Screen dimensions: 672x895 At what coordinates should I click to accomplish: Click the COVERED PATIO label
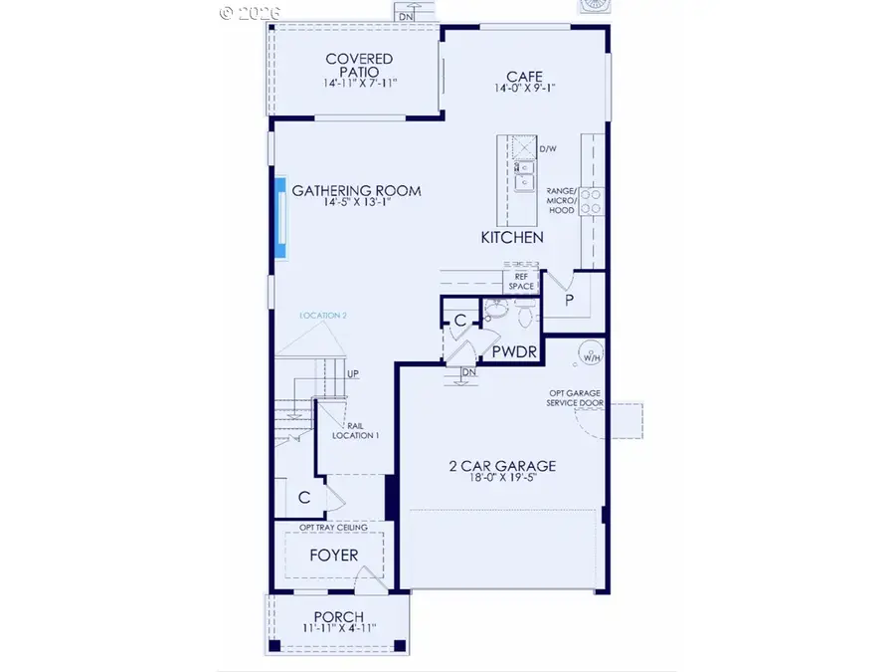pyautogui.click(x=359, y=60)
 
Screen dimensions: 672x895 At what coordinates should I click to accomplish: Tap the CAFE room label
pyautogui.click(x=524, y=76)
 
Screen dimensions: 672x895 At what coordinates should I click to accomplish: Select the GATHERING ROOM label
pyautogui.click(x=356, y=191)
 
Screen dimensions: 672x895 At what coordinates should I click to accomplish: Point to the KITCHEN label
pyautogui.click(x=512, y=237)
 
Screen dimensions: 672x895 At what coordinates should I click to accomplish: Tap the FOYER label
pyautogui.click(x=333, y=555)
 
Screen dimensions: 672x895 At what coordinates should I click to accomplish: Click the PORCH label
pyautogui.click(x=338, y=617)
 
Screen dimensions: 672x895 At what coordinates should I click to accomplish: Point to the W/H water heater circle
pyautogui.click(x=591, y=353)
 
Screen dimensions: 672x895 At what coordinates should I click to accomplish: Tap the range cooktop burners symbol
pyautogui.click(x=590, y=202)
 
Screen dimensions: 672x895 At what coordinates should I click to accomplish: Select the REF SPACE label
pyautogui.click(x=522, y=281)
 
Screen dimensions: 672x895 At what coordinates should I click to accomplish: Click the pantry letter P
pyautogui.click(x=570, y=299)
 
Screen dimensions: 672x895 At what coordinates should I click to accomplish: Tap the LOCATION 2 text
pyautogui.click(x=323, y=315)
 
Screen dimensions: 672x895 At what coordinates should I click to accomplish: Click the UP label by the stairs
pyautogui.click(x=352, y=374)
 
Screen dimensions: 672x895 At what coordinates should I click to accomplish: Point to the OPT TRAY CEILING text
pyautogui.click(x=333, y=527)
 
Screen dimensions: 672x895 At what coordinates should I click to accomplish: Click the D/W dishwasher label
pyautogui.click(x=548, y=149)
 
